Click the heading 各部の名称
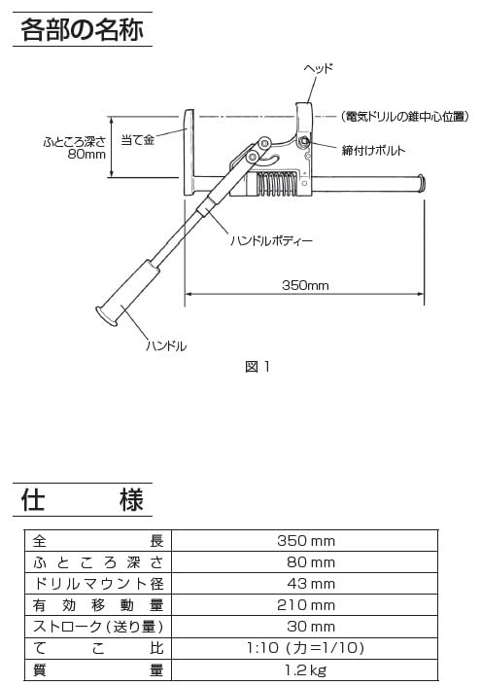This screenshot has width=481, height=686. tap(83, 29)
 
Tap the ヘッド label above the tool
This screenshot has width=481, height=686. tap(319, 68)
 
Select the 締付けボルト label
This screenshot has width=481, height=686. tap(373, 151)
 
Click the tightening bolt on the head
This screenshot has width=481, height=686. tap(303, 141)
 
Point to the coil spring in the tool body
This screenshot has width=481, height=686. tap(275, 183)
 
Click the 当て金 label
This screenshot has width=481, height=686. tap(138, 140)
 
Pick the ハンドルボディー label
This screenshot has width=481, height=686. tap(271, 240)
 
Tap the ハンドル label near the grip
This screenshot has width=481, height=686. tap(166, 346)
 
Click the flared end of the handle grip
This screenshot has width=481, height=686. tap(106, 316)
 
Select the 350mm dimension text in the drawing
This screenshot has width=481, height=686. tap(305, 285)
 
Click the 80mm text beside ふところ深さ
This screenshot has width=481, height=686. tap(86, 154)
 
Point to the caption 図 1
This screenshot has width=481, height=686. tap(258, 367)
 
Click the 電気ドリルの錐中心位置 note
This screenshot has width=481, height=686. tap(405, 117)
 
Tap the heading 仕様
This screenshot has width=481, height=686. tap(83, 499)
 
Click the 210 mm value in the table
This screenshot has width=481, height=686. tap(306, 605)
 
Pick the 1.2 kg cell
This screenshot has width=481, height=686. tap(305, 669)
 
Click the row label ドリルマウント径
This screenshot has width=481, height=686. tap(98, 584)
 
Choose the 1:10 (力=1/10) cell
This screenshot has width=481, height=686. tap(305, 648)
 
